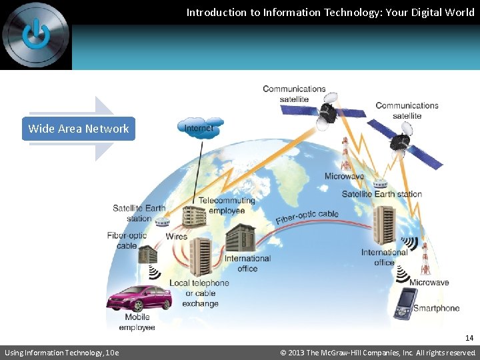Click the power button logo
point(35,34)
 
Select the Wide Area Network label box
point(79,129)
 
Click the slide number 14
point(469,338)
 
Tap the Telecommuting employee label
point(227,205)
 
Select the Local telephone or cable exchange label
point(199,293)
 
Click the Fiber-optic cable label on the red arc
point(307,217)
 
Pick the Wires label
point(177,237)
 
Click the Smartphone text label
point(437,308)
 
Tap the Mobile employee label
point(137,322)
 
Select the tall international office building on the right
point(386,225)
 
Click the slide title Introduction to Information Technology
point(330,12)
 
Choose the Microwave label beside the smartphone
point(429,283)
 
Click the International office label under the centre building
point(247,263)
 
